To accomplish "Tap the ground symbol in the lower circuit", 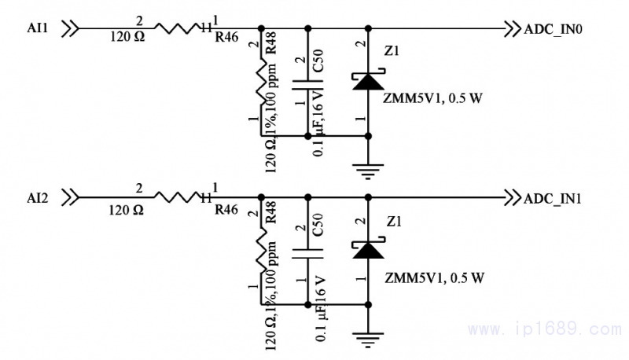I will click(367, 337).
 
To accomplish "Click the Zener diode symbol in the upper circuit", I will click(367, 81).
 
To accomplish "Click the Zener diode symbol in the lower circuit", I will click(367, 250).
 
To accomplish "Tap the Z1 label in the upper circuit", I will click(392, 53).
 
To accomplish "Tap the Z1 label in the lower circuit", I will click(392, 222).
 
